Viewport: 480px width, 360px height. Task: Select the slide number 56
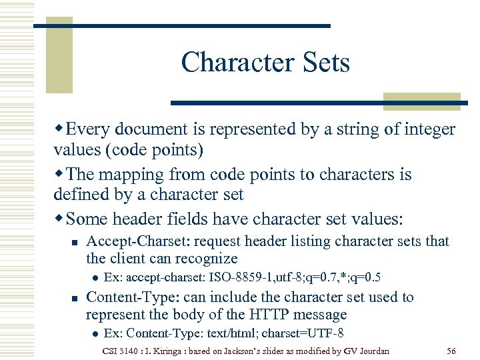click(450, 351)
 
